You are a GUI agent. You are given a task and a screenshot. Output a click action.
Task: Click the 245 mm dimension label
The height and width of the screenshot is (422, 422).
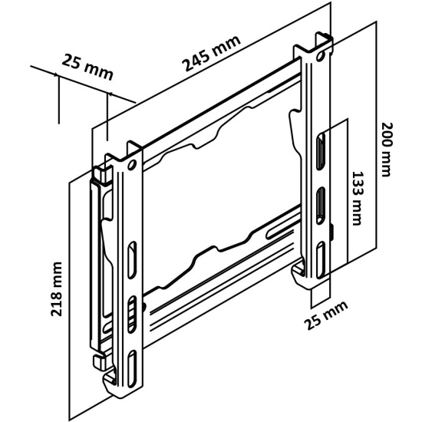click(x=211, y=53)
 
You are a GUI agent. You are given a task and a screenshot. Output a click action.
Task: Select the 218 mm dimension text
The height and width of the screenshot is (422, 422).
click(x=57, y=288)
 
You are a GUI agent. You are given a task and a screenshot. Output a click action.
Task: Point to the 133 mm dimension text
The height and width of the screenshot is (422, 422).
click(x=357, y=198)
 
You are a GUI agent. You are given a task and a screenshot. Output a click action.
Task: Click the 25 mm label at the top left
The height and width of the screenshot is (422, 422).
click(x=87, y=68)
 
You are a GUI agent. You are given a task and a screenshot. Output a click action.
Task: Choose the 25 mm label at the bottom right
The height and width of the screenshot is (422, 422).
click(x=325, y=315)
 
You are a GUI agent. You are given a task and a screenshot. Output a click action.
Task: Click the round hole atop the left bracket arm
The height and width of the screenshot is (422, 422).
click(x=132, y=164)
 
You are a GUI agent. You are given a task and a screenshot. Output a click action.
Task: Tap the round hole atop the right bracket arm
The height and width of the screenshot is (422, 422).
click(x=320, y=56)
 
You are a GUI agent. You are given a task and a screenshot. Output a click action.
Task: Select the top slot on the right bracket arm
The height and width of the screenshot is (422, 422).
click(x=321, y=151)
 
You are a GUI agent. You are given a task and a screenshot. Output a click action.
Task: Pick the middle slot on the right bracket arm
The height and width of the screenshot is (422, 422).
click(x=321, y=206)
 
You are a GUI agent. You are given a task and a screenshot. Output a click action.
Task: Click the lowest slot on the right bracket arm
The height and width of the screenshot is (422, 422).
click(x=321, y=259)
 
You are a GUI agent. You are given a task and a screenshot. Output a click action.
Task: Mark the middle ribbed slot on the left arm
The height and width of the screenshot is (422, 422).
click(x=131, y=315)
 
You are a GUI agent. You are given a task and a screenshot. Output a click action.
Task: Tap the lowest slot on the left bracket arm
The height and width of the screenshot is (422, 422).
click(x=132, y=369)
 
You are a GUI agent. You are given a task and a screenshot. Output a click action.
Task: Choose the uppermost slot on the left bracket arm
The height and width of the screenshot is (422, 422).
click(x=132, y=259)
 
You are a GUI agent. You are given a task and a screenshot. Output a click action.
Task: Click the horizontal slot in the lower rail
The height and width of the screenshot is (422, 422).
click(x=280, y=233)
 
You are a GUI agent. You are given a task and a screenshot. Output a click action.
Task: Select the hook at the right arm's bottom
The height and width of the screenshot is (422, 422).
click(x=298, y=274)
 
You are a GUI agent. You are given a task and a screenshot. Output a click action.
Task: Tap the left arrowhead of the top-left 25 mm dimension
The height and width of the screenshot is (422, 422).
click(x=55, y=75)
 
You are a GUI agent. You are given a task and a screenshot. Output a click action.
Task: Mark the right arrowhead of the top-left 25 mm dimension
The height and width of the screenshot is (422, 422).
click(x=110, y=94)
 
